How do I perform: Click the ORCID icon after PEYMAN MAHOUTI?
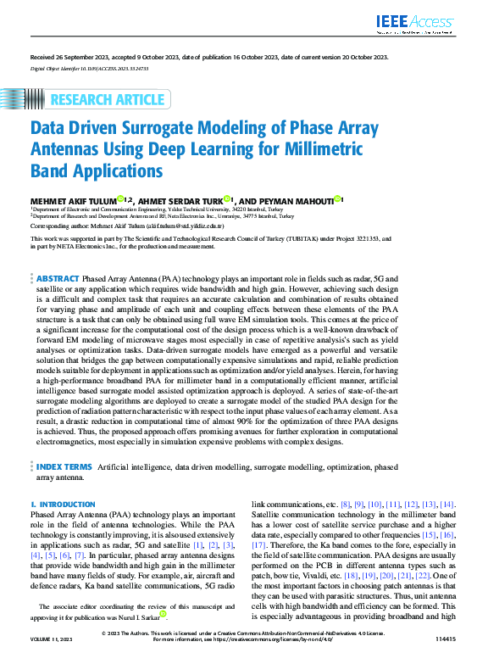click(338, 198)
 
